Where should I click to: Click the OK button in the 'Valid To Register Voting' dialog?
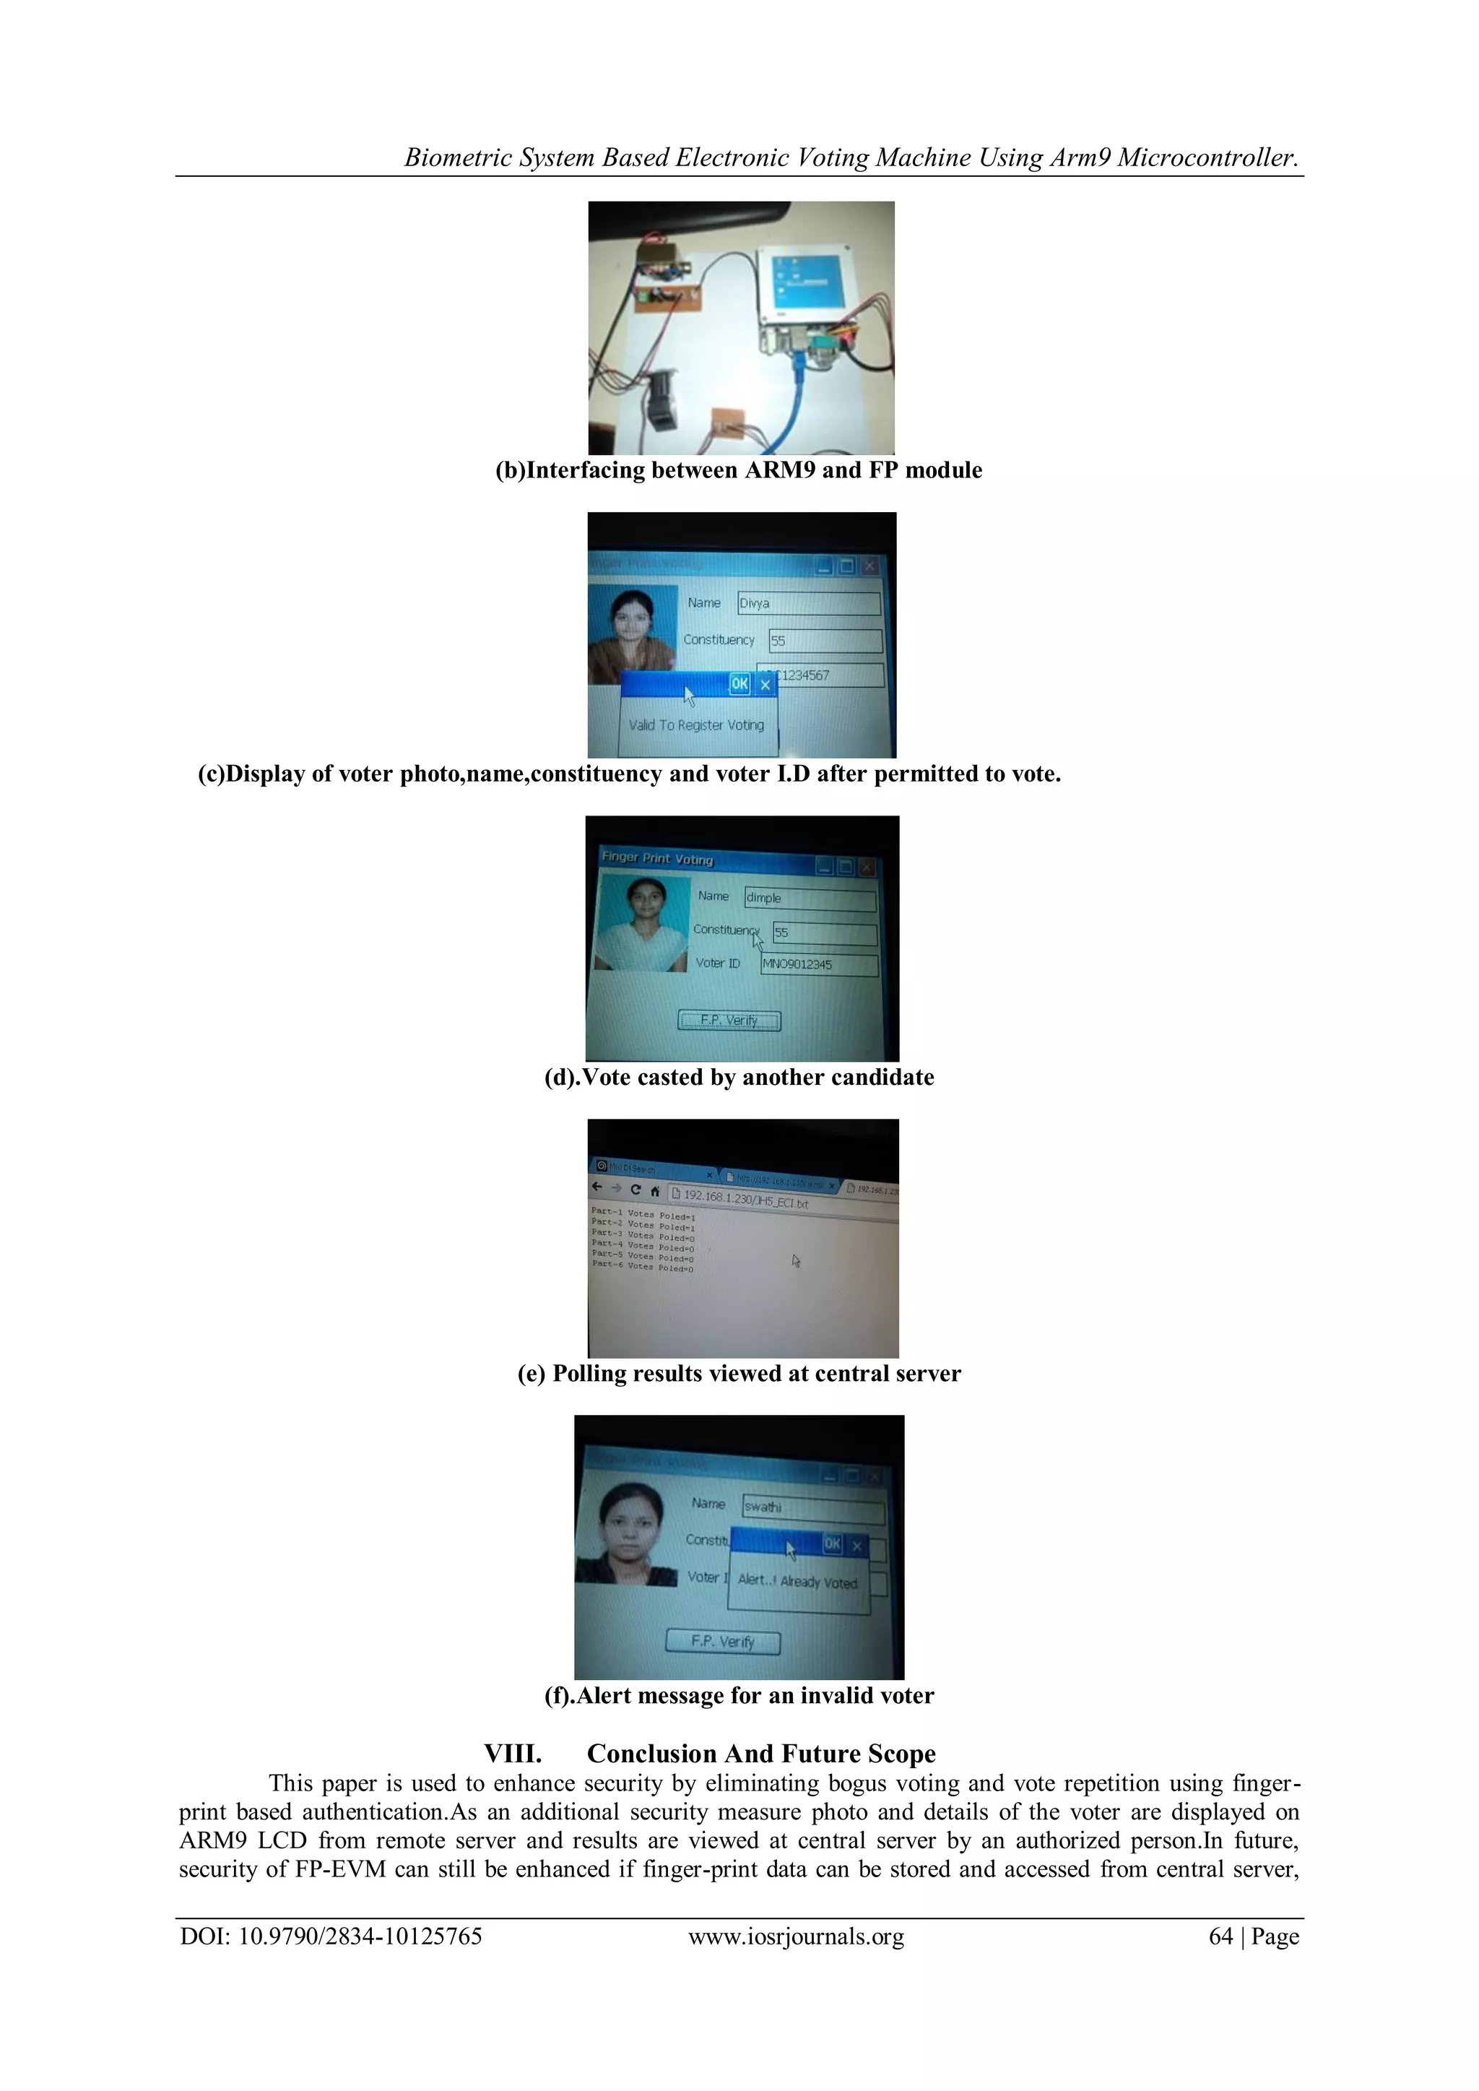[x=739, y=684]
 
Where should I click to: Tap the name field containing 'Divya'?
[x=808, y=603]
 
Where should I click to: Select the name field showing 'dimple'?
[x=810, y=899]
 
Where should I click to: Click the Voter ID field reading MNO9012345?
[x=819, y=964]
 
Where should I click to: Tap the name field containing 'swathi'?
[x=812, y=1507]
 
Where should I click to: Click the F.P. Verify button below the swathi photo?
[x=723, y=1641]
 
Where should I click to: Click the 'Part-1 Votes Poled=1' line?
[x=643, y=1214]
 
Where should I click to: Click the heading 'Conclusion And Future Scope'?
[x=760, y=1754]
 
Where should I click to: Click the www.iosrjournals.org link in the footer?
[x=796, y=1937]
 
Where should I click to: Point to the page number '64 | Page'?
[x=1253, y=1937]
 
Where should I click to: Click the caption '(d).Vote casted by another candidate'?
[x=739, y=1078]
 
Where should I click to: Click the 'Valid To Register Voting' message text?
[x=697, y=725]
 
